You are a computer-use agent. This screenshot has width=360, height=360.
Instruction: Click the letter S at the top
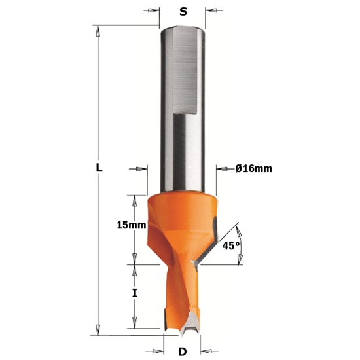coord(183,11)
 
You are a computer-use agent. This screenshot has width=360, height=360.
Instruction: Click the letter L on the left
coord(99,168)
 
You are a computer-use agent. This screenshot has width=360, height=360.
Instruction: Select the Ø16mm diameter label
coord(253,169)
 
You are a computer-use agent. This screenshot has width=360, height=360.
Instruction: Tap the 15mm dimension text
coord(130,225)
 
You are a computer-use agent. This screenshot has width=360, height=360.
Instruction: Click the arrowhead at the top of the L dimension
coord(98,29)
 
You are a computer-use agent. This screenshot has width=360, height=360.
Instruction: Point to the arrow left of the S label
coord(153,11)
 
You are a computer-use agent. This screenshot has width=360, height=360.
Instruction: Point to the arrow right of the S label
coord(213,11)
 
